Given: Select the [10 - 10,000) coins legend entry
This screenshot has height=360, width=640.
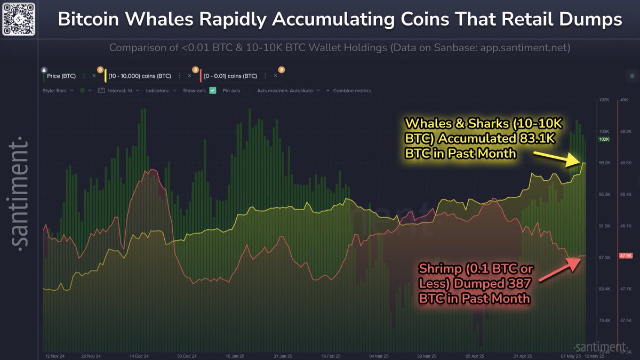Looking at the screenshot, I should (139, 76).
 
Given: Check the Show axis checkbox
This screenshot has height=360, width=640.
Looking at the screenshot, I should (213, 91).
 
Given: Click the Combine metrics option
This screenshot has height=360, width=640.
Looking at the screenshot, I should (352, 91).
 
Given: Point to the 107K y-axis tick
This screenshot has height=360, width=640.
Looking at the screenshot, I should (604, 100).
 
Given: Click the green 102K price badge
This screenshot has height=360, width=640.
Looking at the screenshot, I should (604, 139).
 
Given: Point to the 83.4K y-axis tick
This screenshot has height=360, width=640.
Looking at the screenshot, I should (604, 289).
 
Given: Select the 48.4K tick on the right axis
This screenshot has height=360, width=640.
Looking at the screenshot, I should (626, 195).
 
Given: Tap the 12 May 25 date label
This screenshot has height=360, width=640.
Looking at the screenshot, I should (593, 356).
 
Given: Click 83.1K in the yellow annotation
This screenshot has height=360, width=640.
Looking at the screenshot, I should (541, 138).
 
